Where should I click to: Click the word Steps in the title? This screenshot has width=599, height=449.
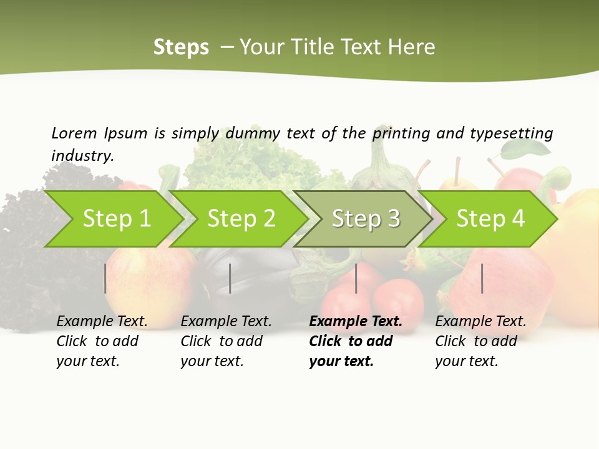tap(181, 47)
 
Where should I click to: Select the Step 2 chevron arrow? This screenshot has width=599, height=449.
tap(241, 219)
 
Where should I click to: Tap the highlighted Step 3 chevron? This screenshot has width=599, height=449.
tap(366, 219)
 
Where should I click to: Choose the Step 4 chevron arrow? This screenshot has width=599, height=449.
tap(490, 219)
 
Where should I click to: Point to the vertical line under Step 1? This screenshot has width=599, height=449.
tap(105, 278)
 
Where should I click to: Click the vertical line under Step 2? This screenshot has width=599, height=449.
tap(230, 278)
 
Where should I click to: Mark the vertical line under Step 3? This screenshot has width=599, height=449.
tap(356, 278)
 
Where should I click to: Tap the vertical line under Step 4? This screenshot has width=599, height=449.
tap(482, 278)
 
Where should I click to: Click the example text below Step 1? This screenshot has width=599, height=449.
tap(102, 341)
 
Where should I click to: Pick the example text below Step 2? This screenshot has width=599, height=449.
tap(226, 341)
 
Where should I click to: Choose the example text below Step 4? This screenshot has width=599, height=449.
tap(480, 341)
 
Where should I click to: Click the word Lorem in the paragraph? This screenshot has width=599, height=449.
tap(74, 133)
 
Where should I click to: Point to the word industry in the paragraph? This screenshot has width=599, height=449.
tap(82, 155)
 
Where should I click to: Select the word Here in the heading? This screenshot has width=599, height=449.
tap(412, 47)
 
